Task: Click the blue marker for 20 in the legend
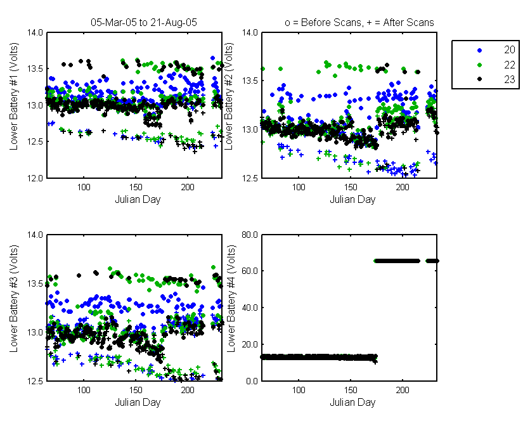tap(480, 50)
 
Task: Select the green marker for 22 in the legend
tap(480, 65)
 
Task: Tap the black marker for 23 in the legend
tap(480, 79)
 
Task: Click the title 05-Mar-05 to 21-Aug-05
tap(144, 22)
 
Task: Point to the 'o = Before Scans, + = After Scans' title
tap(359, 22)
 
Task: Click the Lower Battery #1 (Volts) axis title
tap(14, 96)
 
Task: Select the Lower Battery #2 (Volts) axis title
tap(228, 96)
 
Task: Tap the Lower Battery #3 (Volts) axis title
tap(14, 299)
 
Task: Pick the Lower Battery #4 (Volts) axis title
tap(231, 299)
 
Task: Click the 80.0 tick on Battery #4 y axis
tap(250, 235)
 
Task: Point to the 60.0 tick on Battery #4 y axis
tap(250, 271)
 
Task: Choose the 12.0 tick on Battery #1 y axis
tap(35, 178)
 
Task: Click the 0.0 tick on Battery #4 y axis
tap(252, 381)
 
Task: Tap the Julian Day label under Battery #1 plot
tap(138, 200)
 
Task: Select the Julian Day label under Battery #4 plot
tap(352, 402)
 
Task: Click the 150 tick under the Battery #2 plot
tap(351, 187)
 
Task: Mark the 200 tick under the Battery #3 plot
tap(188, 390)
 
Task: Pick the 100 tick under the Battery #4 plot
tap(299, 390)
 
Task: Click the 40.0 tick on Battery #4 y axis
tap(250, 308)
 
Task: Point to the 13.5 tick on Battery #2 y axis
tap(250, 81)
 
